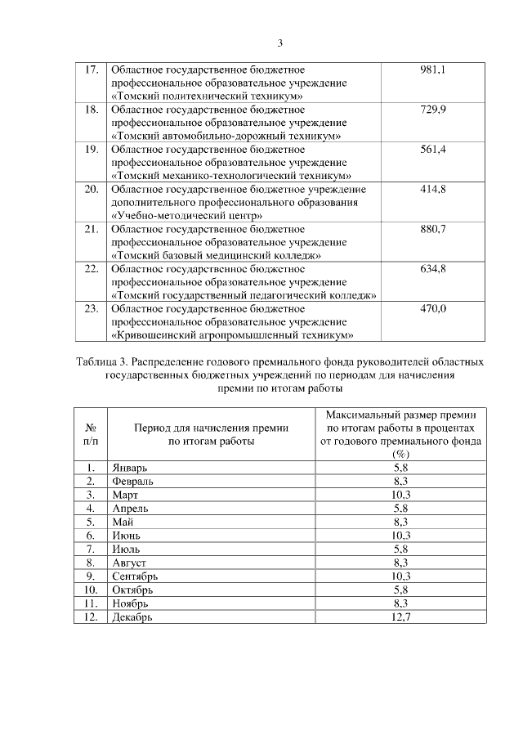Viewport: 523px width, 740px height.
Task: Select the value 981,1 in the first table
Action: pos(432,70)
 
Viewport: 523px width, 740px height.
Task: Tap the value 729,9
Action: pos(432,110)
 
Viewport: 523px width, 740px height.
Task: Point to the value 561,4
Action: pos(432,149)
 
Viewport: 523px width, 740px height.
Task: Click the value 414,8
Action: pos(432,189)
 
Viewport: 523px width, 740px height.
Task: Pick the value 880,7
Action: pos(432,229)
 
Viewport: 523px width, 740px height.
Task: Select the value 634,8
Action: pos(432,269)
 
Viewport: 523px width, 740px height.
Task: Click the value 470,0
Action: pos(432,308)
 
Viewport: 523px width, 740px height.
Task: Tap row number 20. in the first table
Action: pos(92,189)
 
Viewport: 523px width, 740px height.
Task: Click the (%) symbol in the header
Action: pos(400,455)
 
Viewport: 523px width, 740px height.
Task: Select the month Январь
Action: pos(129,468)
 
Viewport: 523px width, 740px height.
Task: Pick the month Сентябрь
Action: pos(135,576)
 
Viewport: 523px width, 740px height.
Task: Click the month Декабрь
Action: pos(132,617)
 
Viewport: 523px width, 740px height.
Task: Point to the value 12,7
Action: pos(400,617)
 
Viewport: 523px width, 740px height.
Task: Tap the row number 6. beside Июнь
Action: pos(92,536)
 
